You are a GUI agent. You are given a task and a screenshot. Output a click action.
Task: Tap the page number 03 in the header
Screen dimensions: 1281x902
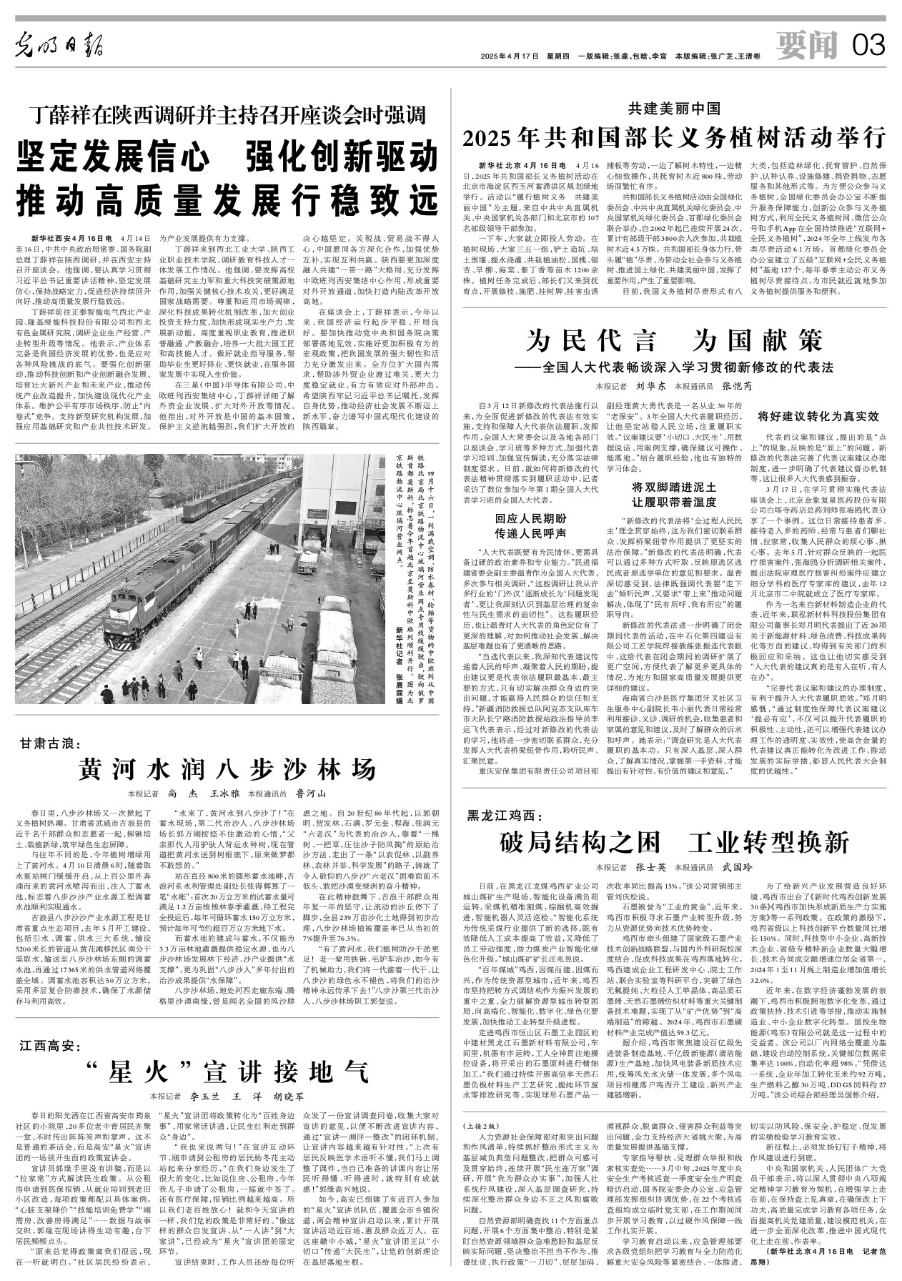(x=868, y=47)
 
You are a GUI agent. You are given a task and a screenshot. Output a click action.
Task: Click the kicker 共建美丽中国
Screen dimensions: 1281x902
(x=674, y=109)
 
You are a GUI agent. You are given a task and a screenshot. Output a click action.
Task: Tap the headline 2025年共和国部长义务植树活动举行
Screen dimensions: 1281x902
(x=674, y=135)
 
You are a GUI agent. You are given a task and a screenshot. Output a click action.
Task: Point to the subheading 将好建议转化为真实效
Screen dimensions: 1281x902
(x=818, y=415)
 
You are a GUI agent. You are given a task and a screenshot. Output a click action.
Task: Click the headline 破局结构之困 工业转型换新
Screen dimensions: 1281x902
(x=674, y=841)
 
